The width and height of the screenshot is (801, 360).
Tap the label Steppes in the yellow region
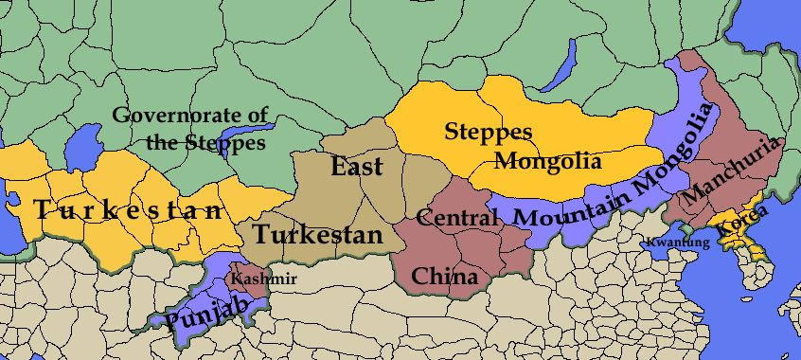coord(488,132)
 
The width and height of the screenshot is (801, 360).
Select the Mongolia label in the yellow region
coord(548,160)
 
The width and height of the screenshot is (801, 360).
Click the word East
coord(357,168)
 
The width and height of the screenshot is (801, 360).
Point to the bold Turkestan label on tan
coord(317,234)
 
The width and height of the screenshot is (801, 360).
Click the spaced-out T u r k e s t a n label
coord(130,210)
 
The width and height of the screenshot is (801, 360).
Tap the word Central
coord(457,218)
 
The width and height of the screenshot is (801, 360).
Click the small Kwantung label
coord(678,243)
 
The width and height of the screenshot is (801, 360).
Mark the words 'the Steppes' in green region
coord(205,144)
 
